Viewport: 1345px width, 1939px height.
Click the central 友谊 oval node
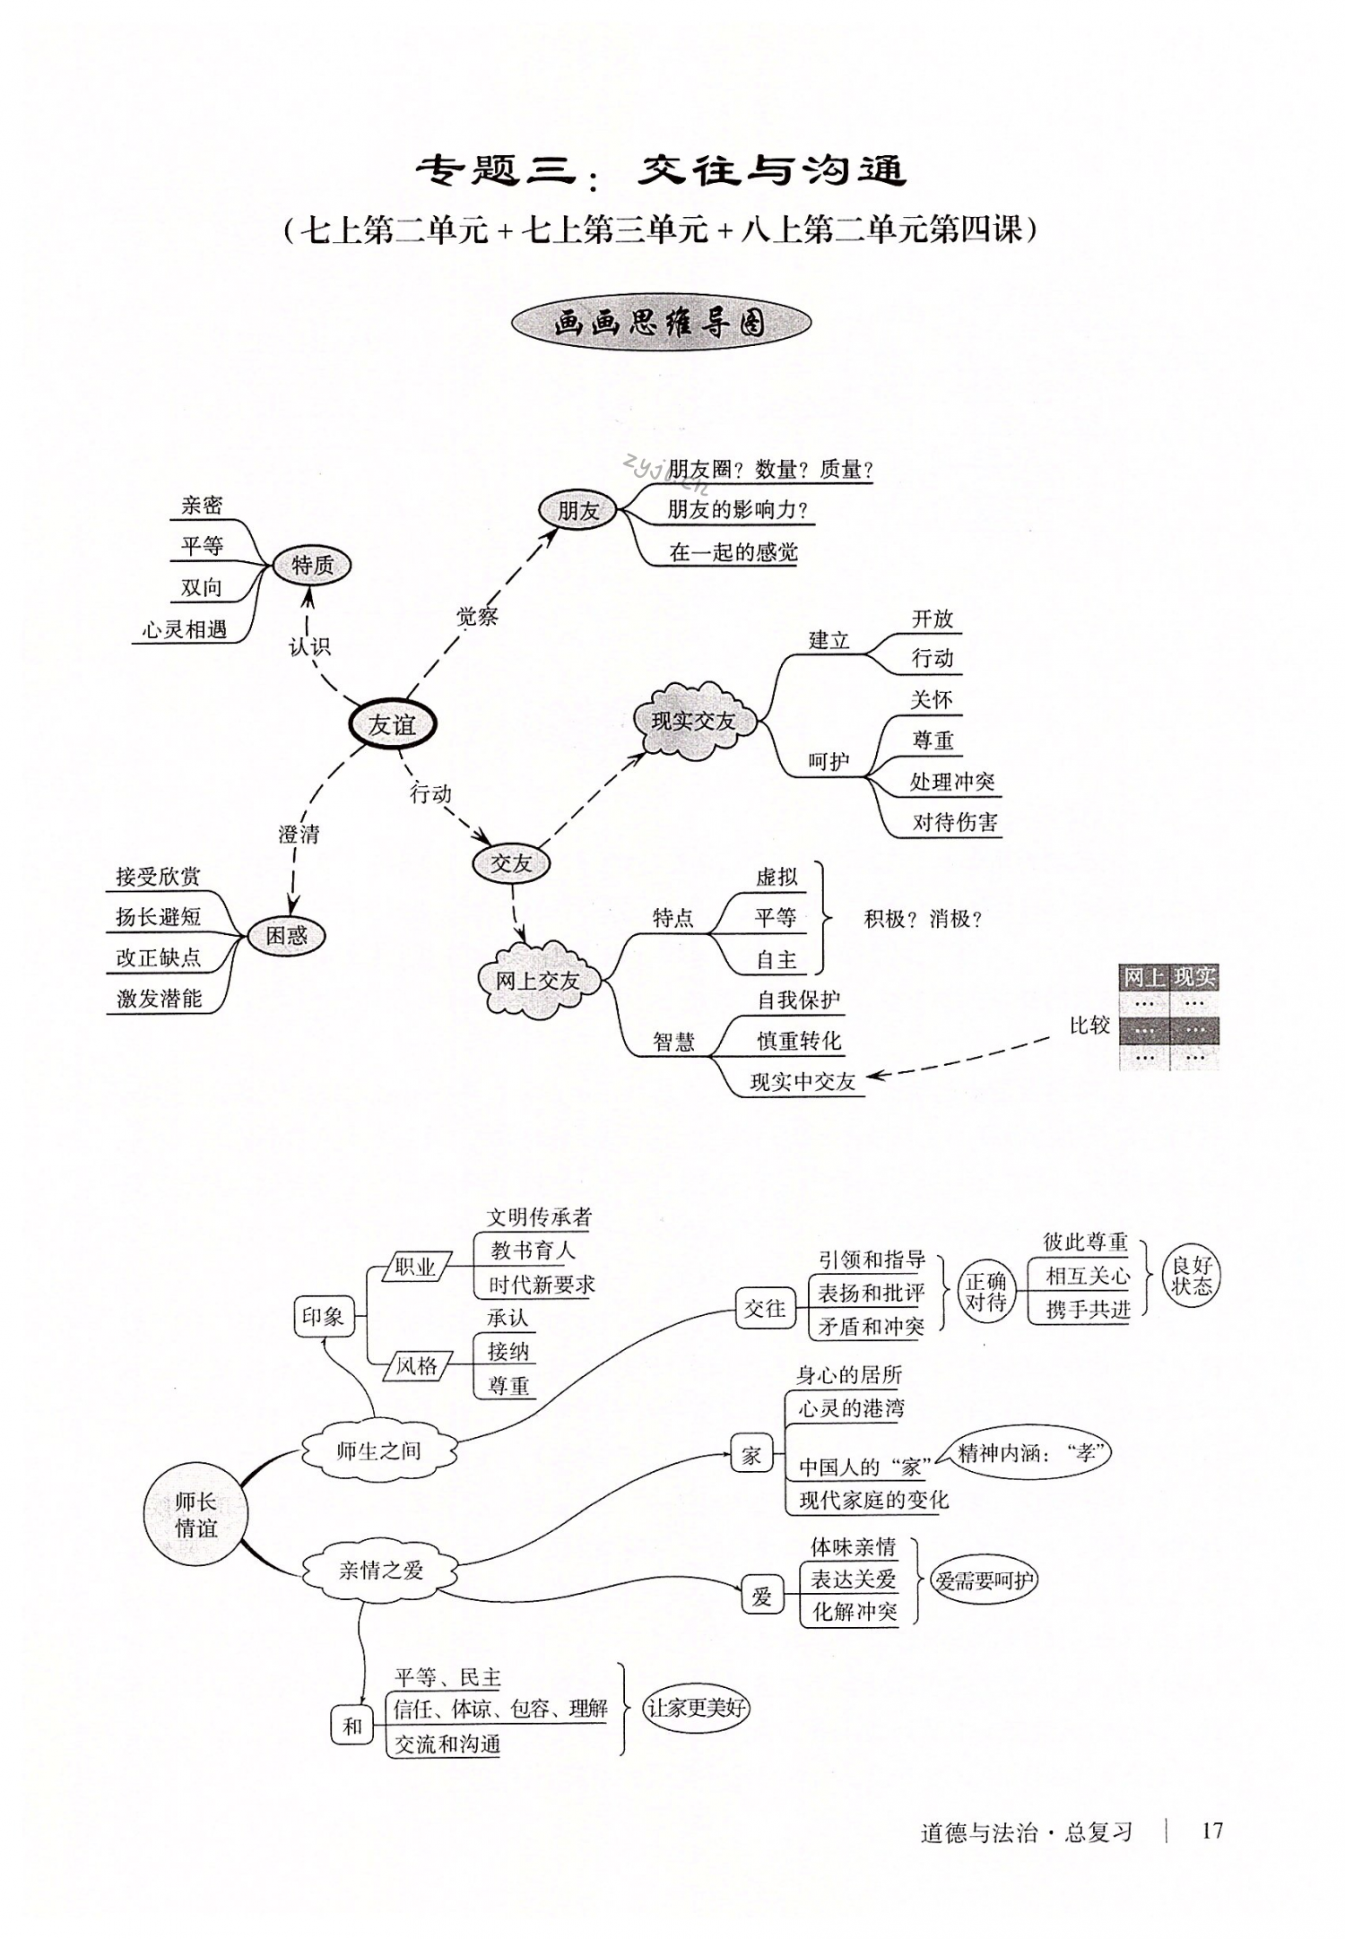(392, 724)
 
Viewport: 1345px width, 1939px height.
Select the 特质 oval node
(312, 566)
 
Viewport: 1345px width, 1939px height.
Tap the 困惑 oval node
(286, 936)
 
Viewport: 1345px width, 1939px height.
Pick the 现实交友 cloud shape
(693, 721)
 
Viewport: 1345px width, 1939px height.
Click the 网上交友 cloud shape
(537, 980)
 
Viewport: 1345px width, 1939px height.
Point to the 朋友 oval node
(577, 511)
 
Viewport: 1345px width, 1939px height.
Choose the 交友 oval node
(511, 863)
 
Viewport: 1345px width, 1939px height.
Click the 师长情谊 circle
(195, 1514)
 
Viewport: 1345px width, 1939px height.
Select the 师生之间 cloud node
(378, 1450)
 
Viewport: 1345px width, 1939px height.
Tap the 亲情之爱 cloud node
(380, 1570)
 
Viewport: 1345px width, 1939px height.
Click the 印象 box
(323, 1316)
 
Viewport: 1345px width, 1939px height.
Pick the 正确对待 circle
(985, 1292)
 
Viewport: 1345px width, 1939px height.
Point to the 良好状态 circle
(1191, 1276)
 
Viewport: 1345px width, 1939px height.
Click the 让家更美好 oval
(696, 1708)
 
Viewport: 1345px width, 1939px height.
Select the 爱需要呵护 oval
(984, 1580)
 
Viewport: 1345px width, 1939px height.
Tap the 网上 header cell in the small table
(1144, 977)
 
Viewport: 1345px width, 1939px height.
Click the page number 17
(1212, 1831)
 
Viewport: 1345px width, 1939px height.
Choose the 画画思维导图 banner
(661, 323)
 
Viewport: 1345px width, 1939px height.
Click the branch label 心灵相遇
(185, 629)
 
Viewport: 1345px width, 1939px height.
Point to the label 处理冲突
(952, 782)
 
